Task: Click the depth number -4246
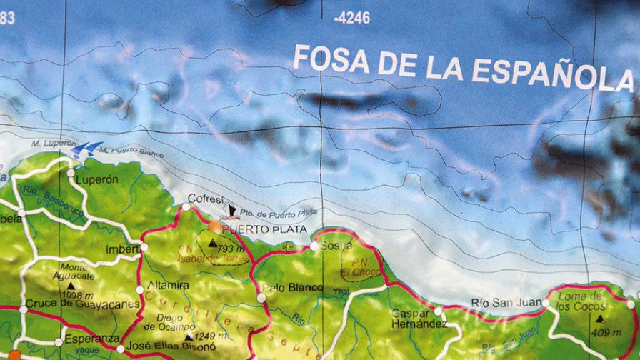[x=351, y=18]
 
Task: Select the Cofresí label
[x=206, y=199]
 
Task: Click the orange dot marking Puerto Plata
[x=214, y=226]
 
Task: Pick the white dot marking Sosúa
[x=314, y=246]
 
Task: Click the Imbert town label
[x=121, y=249]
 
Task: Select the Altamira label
[x=169, y=284]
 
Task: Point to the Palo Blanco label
[x=293, y=288]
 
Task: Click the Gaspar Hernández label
[x=419, y=319]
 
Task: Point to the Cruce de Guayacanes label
[x=82, y=304]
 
